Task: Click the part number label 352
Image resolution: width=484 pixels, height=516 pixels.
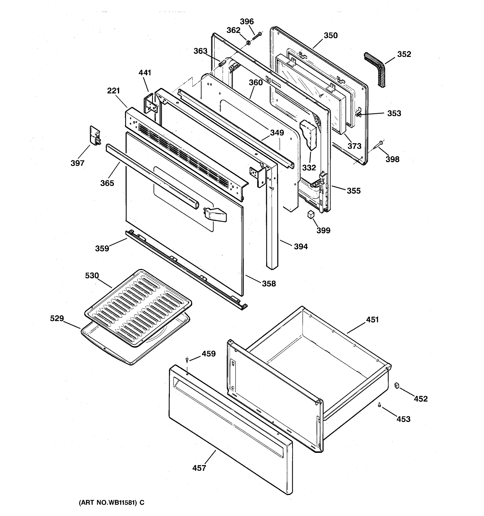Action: [x=404, y=54]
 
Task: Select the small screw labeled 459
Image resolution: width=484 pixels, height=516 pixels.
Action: [x=187, y=359]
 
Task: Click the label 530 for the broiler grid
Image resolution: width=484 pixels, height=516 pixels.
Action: [x=92, y=275]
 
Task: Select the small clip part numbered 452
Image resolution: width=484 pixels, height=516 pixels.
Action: [x=396, y=385]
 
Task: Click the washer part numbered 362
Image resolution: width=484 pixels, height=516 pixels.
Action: [x=248, y=42]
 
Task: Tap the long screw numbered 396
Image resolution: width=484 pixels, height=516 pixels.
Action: [x=257, y=36]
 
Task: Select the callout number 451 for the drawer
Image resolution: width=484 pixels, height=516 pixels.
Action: [x=372, y=319]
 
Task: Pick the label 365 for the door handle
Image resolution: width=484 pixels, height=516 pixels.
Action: [x=107, y=183]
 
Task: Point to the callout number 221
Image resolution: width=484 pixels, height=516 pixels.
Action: [x=113, y=91]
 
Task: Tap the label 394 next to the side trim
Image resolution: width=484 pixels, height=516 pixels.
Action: [x=301, y=246]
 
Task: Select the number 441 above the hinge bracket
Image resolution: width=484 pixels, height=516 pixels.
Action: [x=145, y=73]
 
